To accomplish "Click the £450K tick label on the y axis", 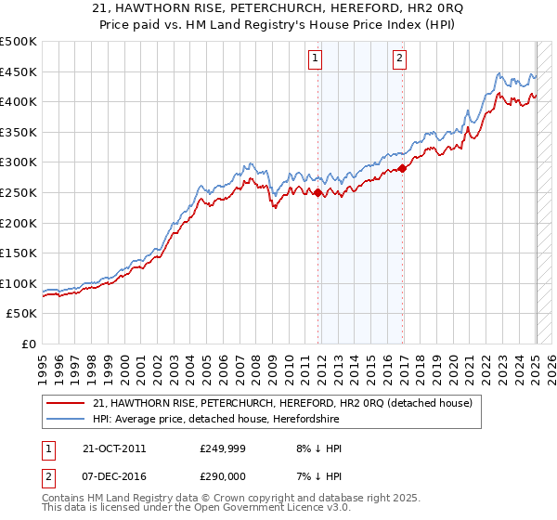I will coord(19,71).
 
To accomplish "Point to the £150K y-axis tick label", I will coord(19,253).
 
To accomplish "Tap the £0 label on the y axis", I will coord(28,344).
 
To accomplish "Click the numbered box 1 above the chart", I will coord(317,58).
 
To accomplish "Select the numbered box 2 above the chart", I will coord(399,58).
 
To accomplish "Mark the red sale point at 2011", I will coord(317,193).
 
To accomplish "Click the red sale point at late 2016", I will coord(402,168).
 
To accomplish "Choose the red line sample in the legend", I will coord(65,403).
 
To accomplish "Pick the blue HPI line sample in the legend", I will coord(65,419).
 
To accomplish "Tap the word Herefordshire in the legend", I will coord(301,419).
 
